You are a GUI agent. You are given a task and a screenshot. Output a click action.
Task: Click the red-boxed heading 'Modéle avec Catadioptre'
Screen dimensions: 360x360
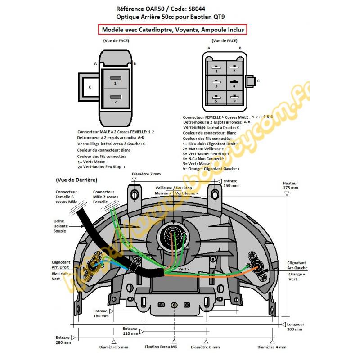(173, 29)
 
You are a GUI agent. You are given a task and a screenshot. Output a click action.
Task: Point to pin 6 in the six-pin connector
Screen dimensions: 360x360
(234, 99)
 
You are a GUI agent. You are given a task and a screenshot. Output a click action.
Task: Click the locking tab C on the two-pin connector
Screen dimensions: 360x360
(90, 87)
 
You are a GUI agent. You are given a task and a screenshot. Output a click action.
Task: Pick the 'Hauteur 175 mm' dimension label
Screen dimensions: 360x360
(291, 185)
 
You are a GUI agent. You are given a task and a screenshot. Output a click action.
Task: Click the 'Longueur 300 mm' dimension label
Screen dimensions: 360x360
(296, 326)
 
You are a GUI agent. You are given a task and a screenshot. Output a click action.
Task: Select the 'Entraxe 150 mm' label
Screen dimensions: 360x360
(230, 183)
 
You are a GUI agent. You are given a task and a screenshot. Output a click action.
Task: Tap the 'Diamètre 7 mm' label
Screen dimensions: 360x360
(146, 174)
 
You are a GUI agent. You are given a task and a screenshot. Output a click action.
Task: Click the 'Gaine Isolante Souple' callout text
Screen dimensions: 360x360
(60, 226)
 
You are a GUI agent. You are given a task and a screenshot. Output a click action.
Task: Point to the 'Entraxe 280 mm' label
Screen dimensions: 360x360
(63, 340)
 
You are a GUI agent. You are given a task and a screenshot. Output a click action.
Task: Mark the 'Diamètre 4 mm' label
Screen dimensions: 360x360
(272, 347)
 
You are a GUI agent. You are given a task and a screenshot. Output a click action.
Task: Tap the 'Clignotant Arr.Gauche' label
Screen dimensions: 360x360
(297, 265)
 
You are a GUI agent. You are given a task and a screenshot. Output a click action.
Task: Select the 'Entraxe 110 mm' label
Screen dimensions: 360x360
(130, 331)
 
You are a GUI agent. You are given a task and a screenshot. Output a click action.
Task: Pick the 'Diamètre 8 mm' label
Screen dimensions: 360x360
(206, 347)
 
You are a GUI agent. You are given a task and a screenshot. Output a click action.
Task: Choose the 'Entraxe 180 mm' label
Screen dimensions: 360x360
(100, 313)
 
